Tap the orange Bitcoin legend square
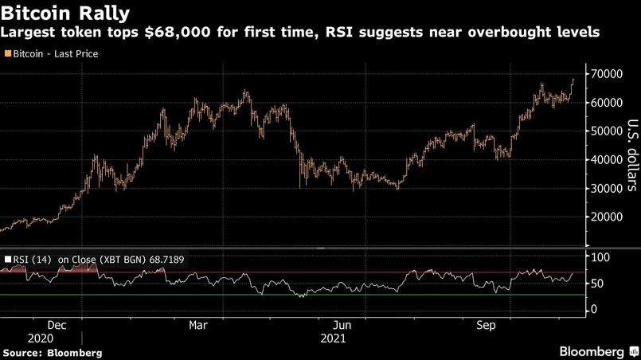7,54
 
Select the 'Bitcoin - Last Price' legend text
54,54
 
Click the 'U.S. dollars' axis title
631,155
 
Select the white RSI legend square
7,259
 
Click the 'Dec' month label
56,326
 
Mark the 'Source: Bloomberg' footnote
52,351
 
